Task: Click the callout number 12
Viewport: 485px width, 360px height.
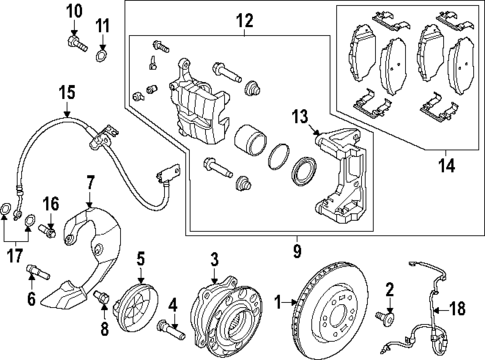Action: [x=243, y=20]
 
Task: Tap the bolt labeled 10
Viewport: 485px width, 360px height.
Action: [x=74, y=42]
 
